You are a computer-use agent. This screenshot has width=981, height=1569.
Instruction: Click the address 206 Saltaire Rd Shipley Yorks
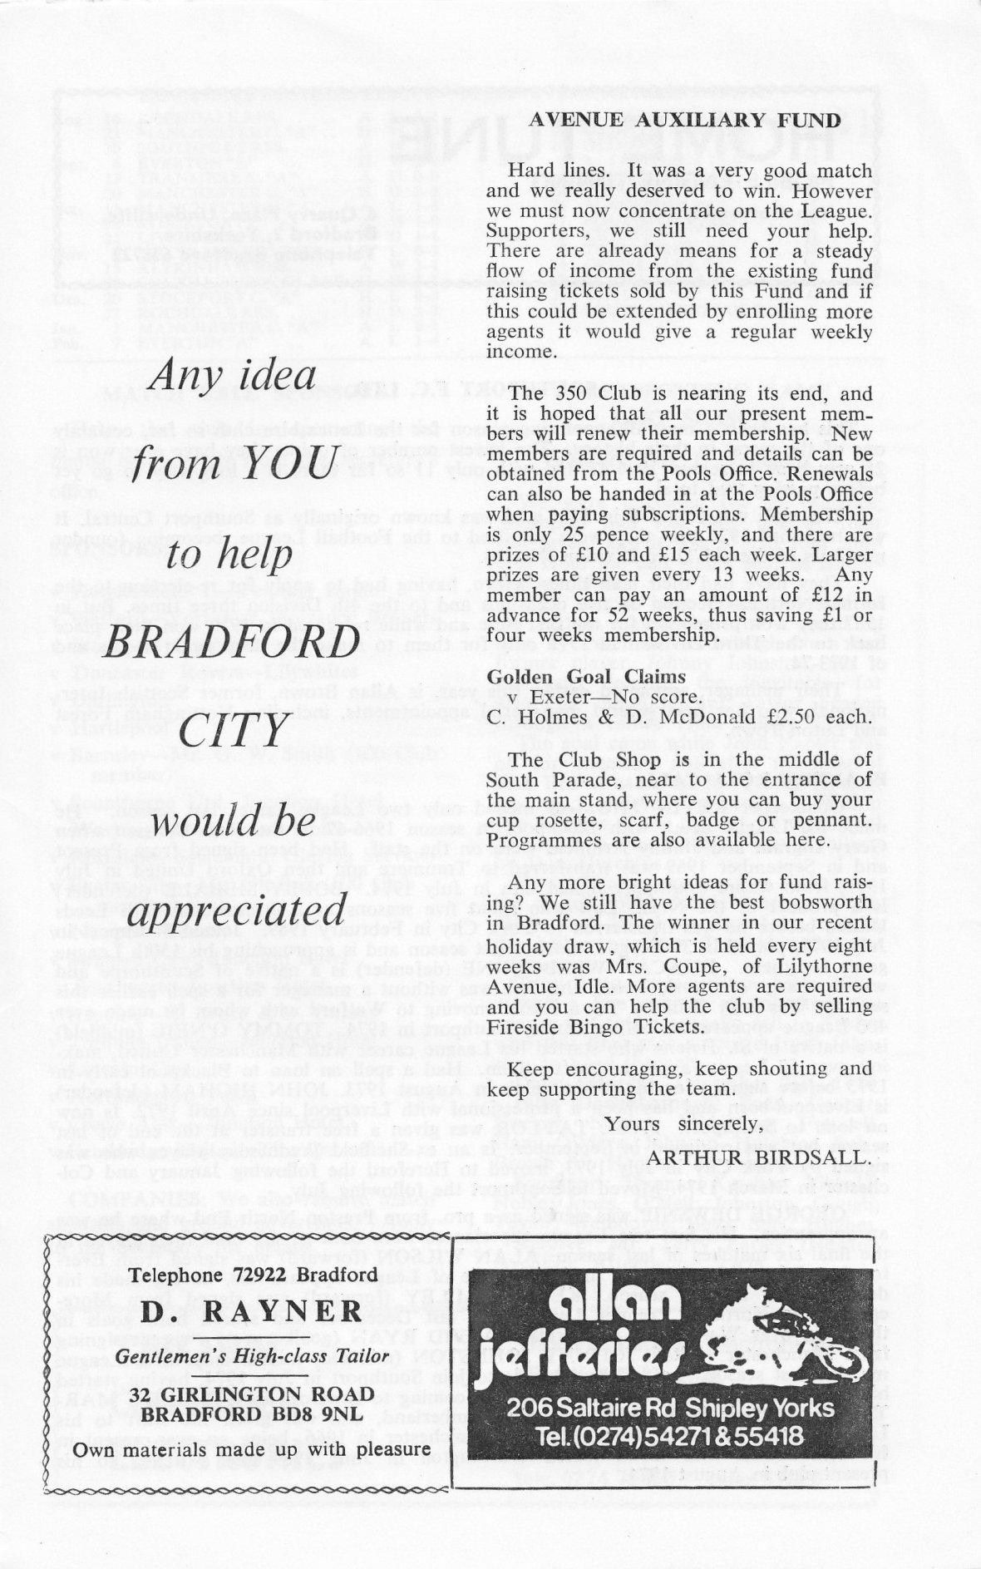click(x=673, y=1406)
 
